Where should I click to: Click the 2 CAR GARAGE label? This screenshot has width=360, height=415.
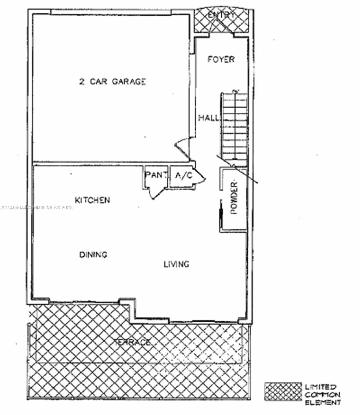pos(112,82)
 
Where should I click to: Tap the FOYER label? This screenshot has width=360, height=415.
pos(221,59)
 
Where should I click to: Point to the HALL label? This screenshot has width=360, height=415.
pos(209,118)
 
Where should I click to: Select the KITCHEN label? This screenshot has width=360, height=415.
pos(93,200)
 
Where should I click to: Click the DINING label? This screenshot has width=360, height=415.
pos(93,255)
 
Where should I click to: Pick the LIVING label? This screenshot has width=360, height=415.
pos(176,264)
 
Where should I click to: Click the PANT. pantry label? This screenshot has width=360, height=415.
pos(156,175)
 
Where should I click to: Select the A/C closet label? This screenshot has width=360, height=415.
pos(183,175)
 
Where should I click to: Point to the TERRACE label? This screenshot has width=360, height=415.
pos(132,343)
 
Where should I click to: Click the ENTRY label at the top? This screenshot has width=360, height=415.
pos(221,15)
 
